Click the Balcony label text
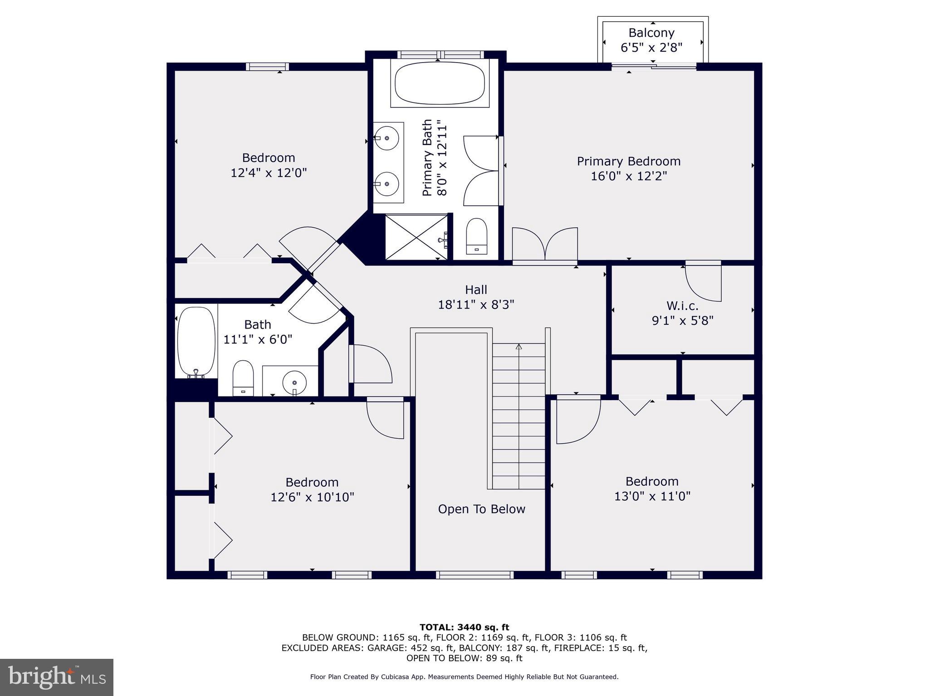point(651,33)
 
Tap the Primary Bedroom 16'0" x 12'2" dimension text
point(629,176)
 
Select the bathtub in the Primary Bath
point(440,84)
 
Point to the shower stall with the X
point(416,237)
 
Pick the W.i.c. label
point(682,305)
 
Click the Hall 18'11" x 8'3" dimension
point(476,304)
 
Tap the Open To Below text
point(481,509)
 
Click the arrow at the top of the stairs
point(519,347)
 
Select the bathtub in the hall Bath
point(196,342)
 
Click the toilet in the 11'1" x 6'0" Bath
point(243,378)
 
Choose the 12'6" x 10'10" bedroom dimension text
point(312,497)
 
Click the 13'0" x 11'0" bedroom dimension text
point(652,496)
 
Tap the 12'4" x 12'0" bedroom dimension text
point(269,173)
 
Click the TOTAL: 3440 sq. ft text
point(464,627)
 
